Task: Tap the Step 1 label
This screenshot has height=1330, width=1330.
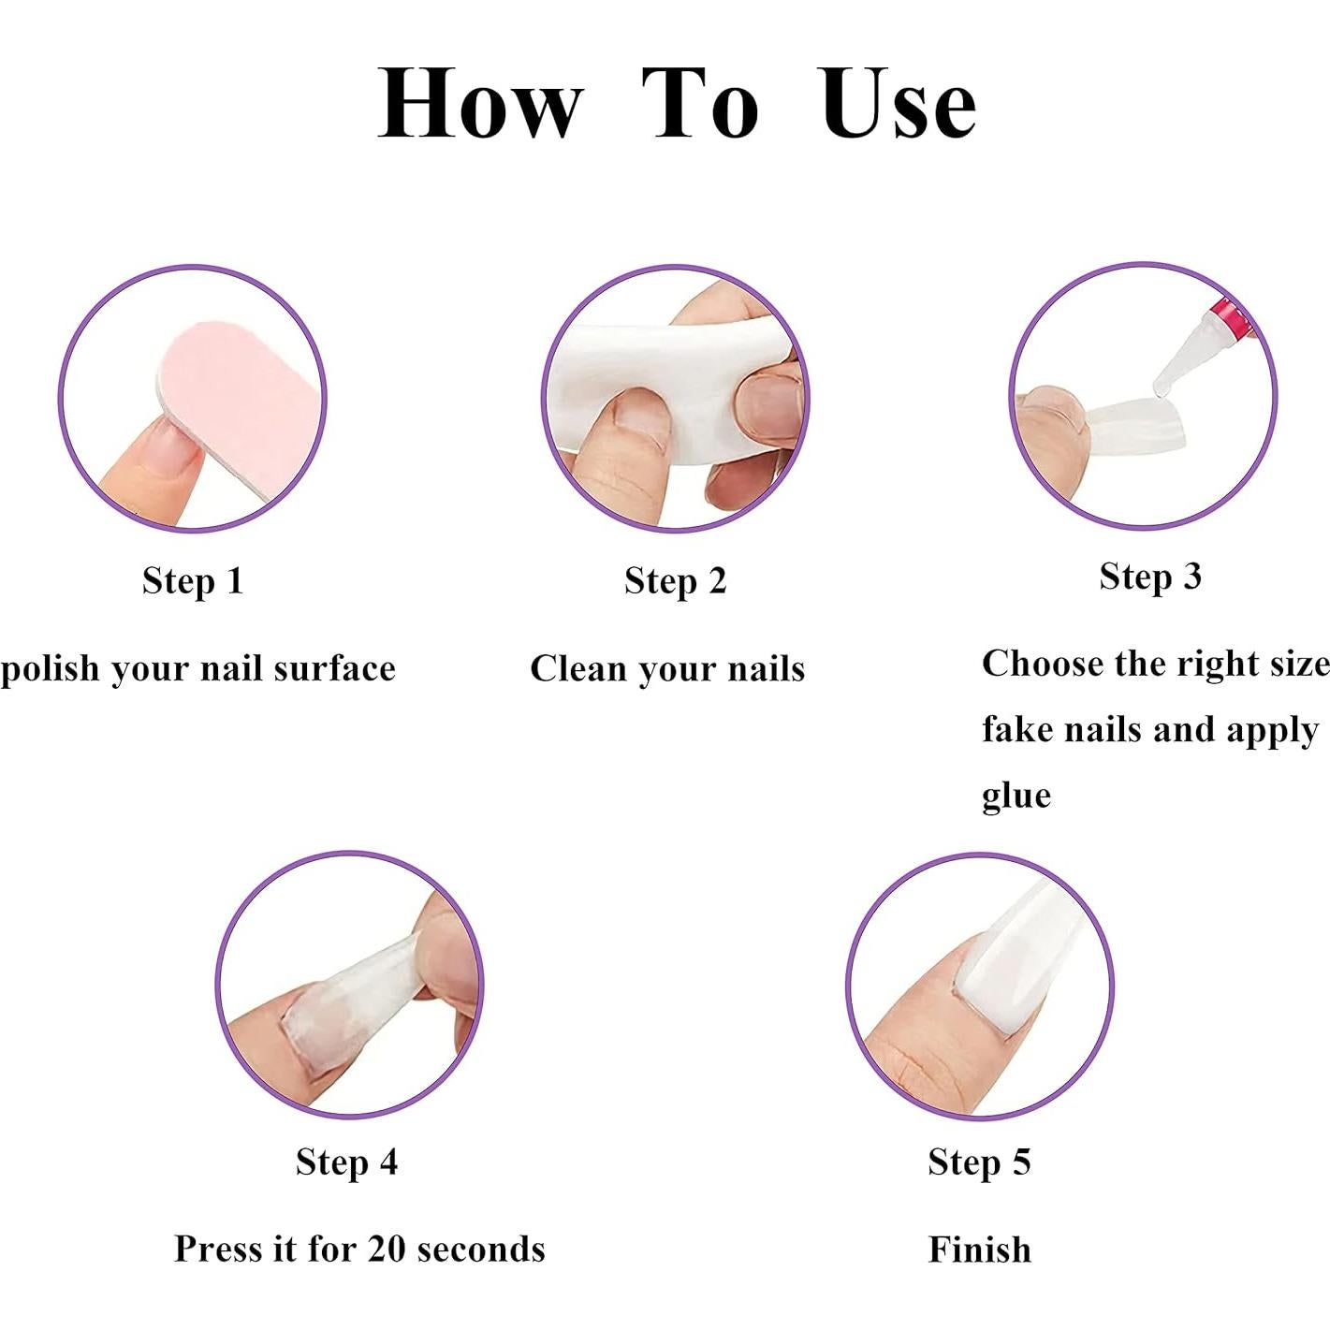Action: tap(193, 581)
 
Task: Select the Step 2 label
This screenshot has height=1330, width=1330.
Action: tap(675, 581)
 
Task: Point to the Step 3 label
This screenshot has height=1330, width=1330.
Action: tap(1149, 577)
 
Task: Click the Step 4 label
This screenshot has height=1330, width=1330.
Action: tap(346, 1162)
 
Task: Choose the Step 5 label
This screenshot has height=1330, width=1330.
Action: tap(979, 1162)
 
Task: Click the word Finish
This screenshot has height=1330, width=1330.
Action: tap(979, 1250)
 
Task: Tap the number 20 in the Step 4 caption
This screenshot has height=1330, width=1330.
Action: tap(387, 1249)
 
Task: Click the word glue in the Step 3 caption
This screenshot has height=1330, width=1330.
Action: tap(1016, 796)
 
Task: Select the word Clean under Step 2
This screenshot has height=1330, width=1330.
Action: tap(578, 668)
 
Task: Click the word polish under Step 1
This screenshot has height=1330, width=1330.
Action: tap(50, 670)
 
